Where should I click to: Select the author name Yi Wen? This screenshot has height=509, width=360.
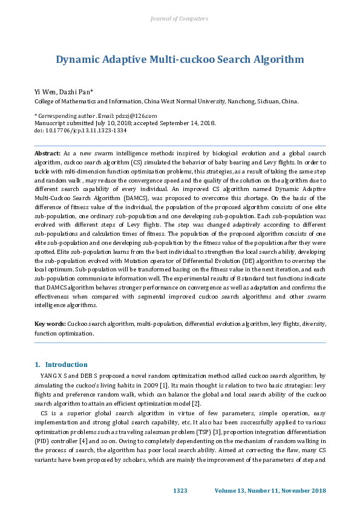(44, 92)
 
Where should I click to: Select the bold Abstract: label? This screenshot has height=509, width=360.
(47, 155)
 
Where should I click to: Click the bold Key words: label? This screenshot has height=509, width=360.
(50, 324)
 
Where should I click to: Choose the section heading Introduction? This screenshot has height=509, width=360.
(66, 365)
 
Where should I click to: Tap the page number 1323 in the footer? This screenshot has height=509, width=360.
(181, 490)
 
